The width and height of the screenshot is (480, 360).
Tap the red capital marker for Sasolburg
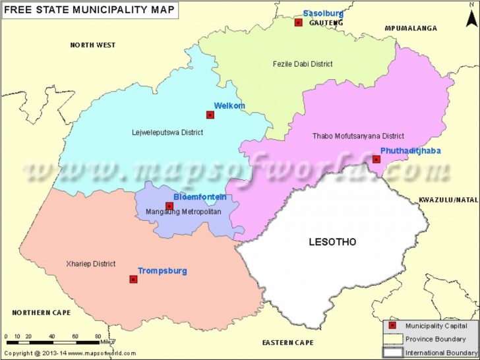pos(298,22)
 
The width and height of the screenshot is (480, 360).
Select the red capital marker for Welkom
pos(210,115)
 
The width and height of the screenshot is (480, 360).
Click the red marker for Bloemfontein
pos(169,206)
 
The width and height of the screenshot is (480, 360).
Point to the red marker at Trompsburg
pos(133,280)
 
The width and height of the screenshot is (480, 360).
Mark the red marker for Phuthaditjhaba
pos(376,159)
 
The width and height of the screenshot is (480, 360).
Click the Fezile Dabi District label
pos(303,64)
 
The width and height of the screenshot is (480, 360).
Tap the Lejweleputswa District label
pos(167,133)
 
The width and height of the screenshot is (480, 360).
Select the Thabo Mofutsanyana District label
pos(357,136)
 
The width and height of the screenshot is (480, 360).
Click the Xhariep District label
pos(91,264)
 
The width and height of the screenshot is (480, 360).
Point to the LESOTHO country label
pos(332,242)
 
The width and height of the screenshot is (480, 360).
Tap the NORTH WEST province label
pos(93,45)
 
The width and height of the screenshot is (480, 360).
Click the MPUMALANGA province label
pos(411,29)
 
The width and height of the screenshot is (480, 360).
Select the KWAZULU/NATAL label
pos(448,199)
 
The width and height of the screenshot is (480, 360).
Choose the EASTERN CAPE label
pos(287,343)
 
